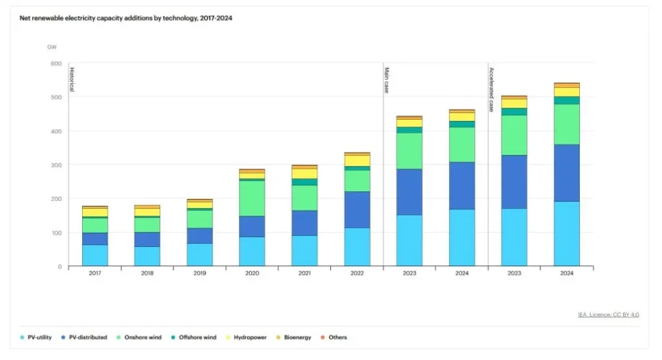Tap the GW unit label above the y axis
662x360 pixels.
(52, 47)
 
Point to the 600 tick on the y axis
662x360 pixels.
(56, 64)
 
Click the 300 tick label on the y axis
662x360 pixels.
(56, 165)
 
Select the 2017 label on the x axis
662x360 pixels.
(95, 273)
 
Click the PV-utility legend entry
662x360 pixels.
(39, 338)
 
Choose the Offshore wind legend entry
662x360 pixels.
(195, 338)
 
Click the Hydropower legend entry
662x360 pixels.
(249, 338)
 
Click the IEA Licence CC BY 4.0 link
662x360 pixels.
(608, 315)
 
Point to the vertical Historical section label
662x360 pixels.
(72, 79)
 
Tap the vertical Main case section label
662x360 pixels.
(387, 79)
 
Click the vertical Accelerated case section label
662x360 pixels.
(491, 89)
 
